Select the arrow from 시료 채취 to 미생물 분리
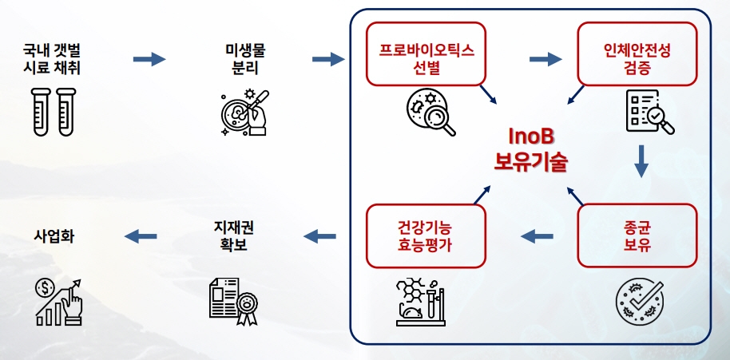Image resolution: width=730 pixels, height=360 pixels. (x=149, y=60)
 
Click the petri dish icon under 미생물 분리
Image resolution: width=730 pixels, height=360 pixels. (x=243, y=112)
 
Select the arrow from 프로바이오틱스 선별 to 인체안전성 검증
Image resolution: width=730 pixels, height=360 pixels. (x=546, y=58)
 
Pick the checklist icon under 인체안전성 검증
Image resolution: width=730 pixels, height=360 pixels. (x=647, y=111)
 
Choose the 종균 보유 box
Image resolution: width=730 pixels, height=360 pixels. (x=637, y=235)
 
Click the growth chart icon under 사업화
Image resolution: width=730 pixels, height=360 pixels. (x=59, y=301)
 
